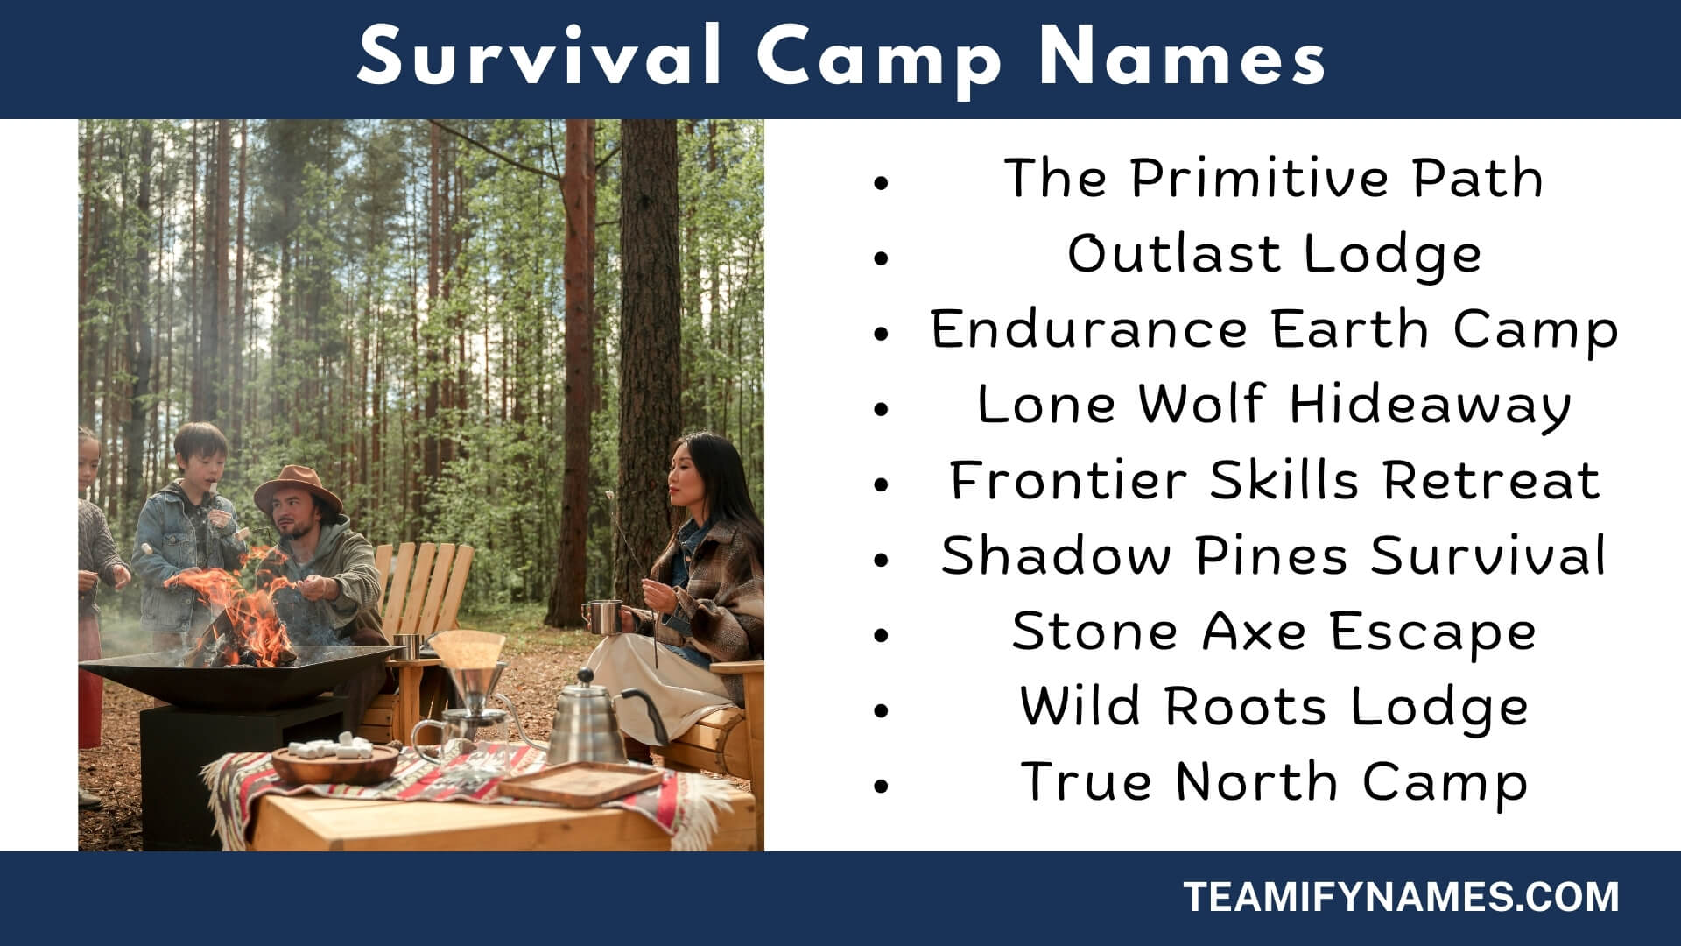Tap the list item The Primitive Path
coord(1273,178)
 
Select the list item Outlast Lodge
coord(1274,255)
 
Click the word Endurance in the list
coord(1088,329)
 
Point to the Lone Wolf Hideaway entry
coord(1274,406)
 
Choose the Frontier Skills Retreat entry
coord(1275,481)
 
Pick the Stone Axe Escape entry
coord(1274,632)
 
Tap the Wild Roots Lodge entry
coord(1274,707)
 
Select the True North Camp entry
coord(1274,782)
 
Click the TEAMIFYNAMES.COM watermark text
coord(1402,898)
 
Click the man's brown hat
coord(298,489)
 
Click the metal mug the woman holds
coord(604,617)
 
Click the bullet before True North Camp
coord(881,785)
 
